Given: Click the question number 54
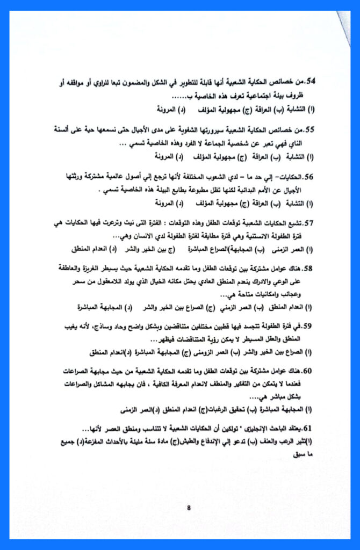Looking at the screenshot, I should point(310,82).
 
